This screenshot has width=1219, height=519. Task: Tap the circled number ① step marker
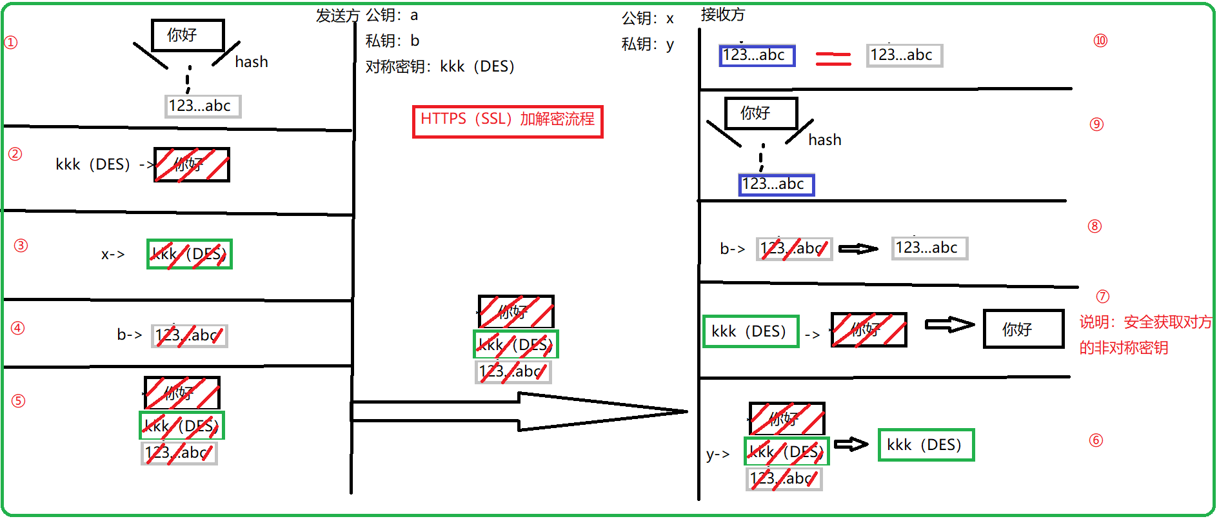[x=11, y=43]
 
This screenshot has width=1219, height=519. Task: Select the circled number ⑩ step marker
[x=1100, y=41]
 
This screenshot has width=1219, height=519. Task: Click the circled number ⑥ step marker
[x=1096, y=440]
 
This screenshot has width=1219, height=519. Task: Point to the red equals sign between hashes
[x=833, y=59]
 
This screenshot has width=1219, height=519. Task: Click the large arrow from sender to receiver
[x=519, y=411]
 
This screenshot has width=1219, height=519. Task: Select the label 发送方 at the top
[x=337, y=15]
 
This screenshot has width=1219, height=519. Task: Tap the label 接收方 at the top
[x=722, y=14]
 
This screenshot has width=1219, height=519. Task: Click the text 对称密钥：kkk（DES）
[x=440, y=66]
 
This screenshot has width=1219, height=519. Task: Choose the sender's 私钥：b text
[x=392, y=41]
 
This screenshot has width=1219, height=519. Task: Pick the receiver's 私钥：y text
[x=648, y=44]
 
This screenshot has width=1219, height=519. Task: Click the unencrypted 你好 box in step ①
[x=187, y=35]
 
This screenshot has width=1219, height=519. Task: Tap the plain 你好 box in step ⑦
[x=1023, y=329]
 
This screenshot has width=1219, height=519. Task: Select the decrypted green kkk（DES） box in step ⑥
[x=926, y=445]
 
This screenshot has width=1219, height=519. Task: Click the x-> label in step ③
[x=113, y=254]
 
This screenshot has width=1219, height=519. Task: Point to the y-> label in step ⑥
[x=718, y=455]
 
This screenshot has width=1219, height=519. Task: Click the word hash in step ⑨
[x=825, y=140]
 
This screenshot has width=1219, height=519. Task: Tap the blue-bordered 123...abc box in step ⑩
[x=757, y=55]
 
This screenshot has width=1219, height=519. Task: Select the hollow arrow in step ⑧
[x=858, y=248]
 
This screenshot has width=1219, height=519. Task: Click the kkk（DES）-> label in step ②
[x=103, y=164]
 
